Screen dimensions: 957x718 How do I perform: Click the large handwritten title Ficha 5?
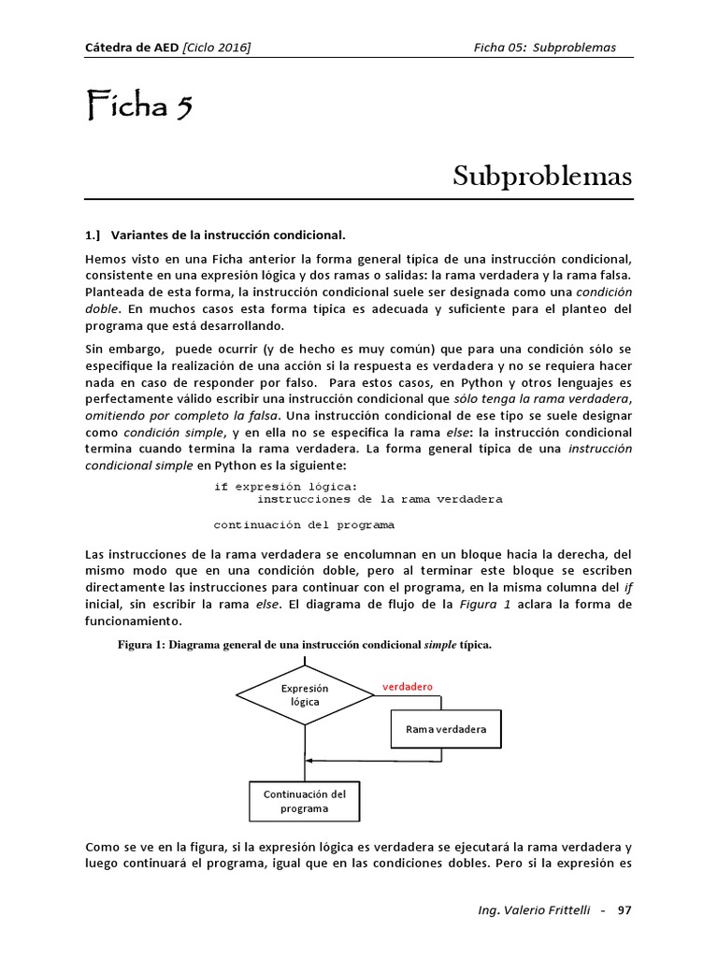[x=139, y=107]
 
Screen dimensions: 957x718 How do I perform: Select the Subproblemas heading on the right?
[x=542, y=176]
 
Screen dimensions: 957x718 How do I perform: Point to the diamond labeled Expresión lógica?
[x=305, y=694]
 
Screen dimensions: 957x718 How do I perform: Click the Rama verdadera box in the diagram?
[x=446, y=729]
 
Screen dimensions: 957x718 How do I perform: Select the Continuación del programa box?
[x=305, y=800]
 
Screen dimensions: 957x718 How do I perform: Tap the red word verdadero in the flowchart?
[x=407, y=687]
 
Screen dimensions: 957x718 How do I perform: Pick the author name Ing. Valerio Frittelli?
[x=526, y=910]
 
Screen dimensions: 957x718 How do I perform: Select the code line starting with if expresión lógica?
[x=285, y=486]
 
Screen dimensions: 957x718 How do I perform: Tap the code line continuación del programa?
[x=304, y=523]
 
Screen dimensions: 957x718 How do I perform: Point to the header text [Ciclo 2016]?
[x=217, y=48]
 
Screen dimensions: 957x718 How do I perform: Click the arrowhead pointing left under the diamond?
[x=311, y=760]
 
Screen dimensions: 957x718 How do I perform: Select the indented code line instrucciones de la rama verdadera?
[x=373, y=499]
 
